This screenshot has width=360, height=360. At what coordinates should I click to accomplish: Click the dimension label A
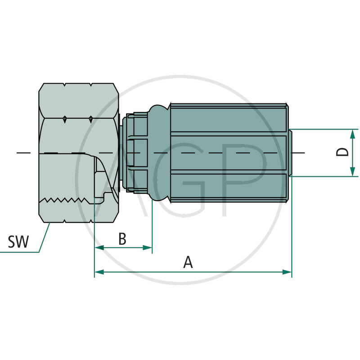point(188,261)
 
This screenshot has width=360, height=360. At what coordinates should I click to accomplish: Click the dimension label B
point(122,239)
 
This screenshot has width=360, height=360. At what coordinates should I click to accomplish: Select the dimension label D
point(343,152)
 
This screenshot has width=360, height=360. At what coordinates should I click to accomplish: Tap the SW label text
point(18,242)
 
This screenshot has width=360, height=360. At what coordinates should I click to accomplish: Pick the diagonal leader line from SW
point(44,238)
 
